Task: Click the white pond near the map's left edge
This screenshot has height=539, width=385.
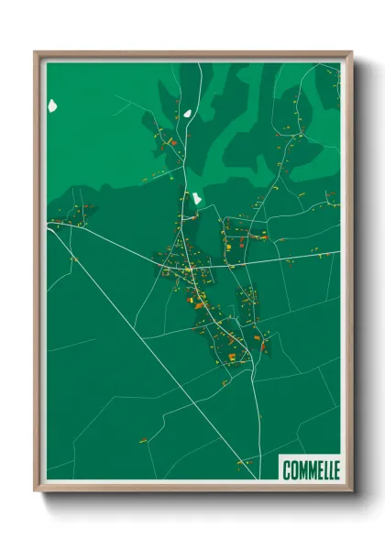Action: [52, 104]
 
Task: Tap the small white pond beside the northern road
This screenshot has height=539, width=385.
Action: [187, 115]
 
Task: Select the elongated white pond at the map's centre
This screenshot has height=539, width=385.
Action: [195, 198]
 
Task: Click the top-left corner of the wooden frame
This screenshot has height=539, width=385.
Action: [36, 52]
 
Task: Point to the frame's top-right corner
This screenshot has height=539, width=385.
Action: [351, 52]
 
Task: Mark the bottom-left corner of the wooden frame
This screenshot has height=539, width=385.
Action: [36, 490]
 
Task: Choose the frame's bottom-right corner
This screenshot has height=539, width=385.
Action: [351, 490]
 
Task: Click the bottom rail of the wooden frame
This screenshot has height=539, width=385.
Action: [192, 488]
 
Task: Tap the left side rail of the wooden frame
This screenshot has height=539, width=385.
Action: [39, 275]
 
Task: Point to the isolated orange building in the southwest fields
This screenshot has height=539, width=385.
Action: [144, 441]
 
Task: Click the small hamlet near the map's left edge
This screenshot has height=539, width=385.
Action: [73, 218]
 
